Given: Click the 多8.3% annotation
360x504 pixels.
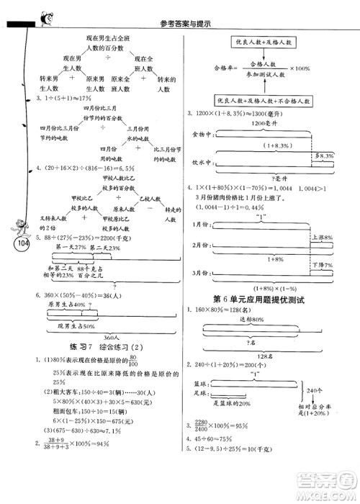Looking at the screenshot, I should pos(326,156).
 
